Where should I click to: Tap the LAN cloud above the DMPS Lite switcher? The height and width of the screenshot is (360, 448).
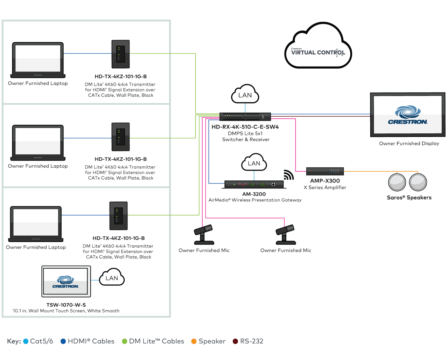tap(245, 95)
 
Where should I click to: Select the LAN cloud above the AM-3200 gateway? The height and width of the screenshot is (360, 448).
tap(254, 163)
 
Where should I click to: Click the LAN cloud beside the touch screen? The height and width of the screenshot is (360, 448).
tap(111, 278)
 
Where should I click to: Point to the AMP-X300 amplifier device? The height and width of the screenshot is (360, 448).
tap(325, 171)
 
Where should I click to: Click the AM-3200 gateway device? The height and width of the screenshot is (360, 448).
tap(254, 184)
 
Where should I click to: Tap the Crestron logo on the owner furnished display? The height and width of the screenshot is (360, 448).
tap(407, 116)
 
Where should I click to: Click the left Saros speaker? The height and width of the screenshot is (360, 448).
tap(397, 182)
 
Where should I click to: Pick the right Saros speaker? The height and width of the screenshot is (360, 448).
tap(418, 182)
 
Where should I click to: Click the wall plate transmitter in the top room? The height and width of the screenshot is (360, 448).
tap(120, 54)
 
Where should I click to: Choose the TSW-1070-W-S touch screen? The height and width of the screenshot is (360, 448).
tap(66, 281)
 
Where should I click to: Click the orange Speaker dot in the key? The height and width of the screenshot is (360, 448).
tap(194, 341)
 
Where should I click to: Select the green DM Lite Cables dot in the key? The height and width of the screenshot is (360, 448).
tap(124, 341)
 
